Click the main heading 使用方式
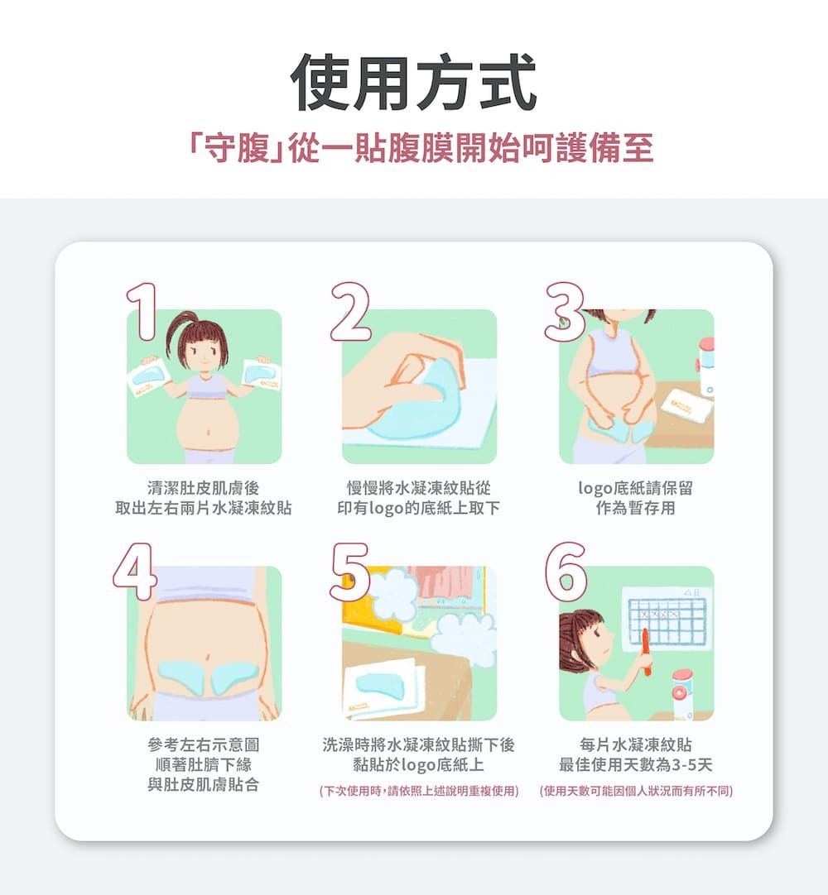tap(414, 82)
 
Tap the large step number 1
tap(142, 312)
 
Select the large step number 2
tap(351, 312)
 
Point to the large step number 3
tap(565, 312)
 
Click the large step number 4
tap(136, 572)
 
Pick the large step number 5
tap(350, 572)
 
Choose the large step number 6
tap(566, 572)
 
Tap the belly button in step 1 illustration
tap(208, 432)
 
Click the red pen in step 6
tap(646, 652)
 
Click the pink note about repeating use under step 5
tap(419, 791)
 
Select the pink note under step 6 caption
tap(636, 791)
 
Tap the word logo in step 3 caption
tap(595, 489)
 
